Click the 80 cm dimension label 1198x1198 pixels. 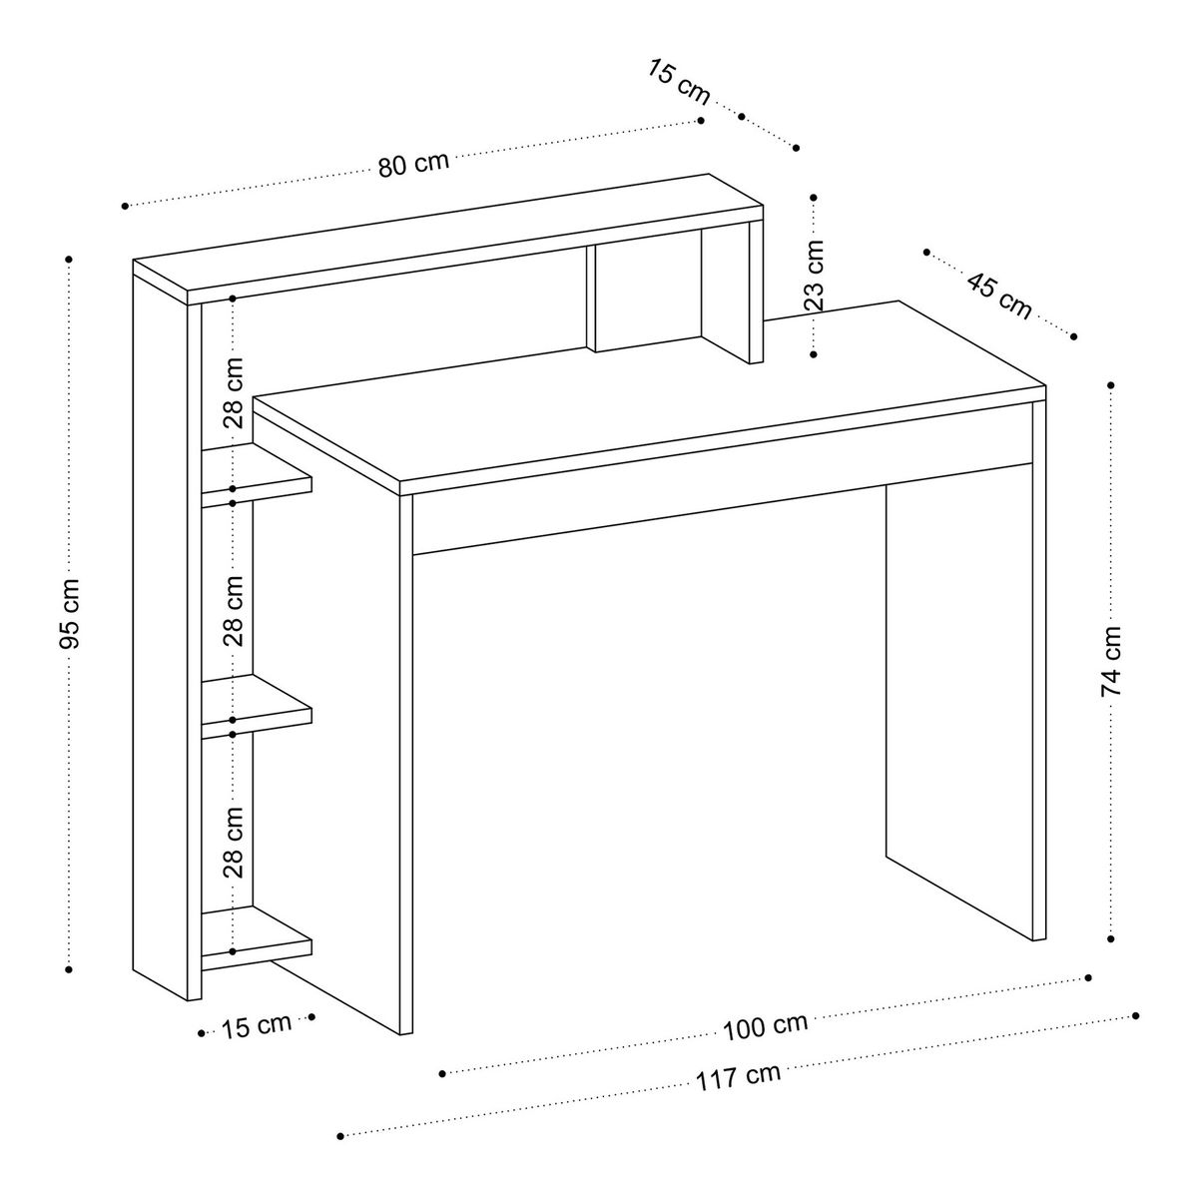[x=413, y=164]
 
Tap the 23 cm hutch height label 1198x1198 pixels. [x=814, y=276]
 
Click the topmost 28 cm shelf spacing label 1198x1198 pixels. [x=234, y=393]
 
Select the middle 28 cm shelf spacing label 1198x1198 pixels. [x=234, y=611]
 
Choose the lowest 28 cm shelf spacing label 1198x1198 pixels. [x=234, y=842]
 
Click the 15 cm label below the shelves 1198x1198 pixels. [x=257, y=1026]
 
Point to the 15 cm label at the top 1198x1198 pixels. [x=679, y=82]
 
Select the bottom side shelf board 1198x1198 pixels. [x=257, y=938]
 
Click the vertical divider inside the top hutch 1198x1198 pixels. [x=591, y=299]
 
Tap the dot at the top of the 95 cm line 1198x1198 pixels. [x=69, y=259]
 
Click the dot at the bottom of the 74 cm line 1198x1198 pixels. [x=1111, y=956]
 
